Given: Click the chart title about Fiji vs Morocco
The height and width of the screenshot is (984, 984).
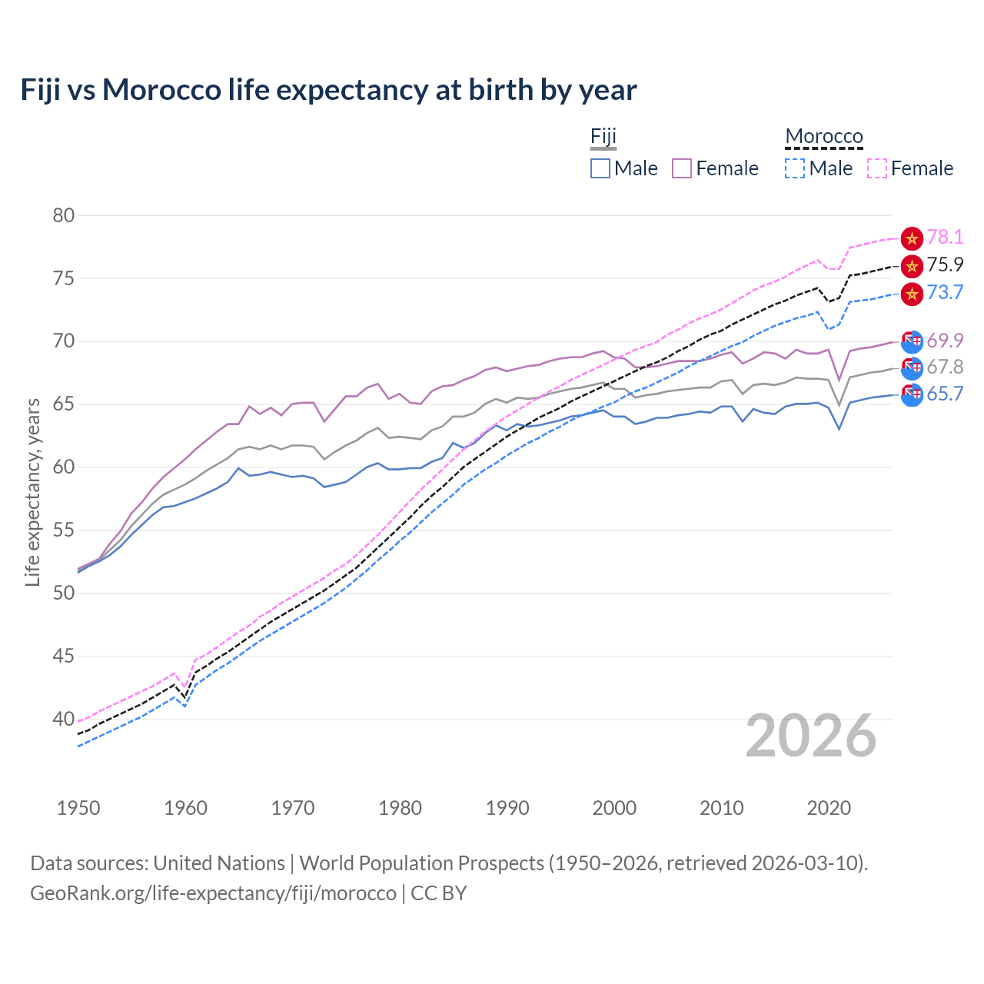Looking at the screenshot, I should coord(328,90).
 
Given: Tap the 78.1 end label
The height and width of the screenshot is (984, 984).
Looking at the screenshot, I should coord(945,237).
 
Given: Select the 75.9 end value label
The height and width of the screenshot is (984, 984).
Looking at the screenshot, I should coord(945,264).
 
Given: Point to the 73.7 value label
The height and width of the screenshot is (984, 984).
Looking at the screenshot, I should coord(945,292).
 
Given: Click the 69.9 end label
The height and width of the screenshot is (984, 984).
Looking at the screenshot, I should coord(945,341).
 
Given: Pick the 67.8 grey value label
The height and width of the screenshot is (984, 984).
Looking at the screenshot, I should coord(945,367).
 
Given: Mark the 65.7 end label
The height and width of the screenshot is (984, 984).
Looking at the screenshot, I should coord(945,394).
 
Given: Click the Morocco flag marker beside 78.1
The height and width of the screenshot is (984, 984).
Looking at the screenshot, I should coord(912,238).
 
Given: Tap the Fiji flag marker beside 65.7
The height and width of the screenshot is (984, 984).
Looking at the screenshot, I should coord(912,394).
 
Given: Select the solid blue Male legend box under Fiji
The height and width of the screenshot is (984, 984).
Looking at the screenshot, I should coord(600,168).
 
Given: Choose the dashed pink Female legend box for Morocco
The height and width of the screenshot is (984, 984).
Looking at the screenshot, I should coord(877,168).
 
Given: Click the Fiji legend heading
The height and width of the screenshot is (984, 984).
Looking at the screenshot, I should coord(603,137).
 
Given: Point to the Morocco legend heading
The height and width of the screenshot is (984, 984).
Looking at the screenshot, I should coord(824,137).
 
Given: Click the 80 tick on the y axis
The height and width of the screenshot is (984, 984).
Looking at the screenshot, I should coord(64,215).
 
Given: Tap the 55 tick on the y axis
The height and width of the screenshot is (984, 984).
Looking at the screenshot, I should coord(64,530).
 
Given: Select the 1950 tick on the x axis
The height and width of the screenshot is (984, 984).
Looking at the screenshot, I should coord(78,808).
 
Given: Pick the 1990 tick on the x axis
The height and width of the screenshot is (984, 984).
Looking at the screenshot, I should coord(507,808).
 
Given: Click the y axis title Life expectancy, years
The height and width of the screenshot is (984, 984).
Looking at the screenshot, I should coord(32,492).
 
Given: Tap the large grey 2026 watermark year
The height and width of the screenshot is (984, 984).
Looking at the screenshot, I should coord(811,736).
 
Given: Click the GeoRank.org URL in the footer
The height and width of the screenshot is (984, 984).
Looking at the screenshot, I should coord(213,893).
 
